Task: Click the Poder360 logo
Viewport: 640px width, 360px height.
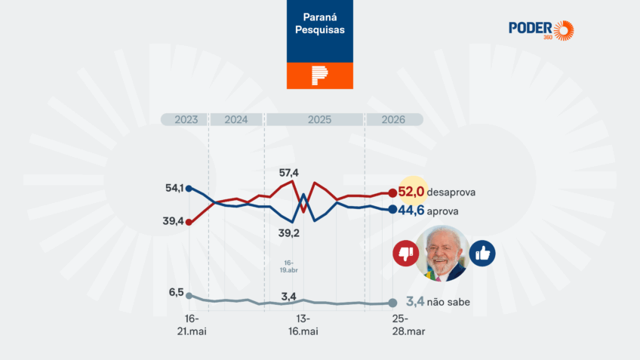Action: click(x=540, y=30)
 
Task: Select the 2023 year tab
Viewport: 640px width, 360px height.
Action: click(x=186, y=120)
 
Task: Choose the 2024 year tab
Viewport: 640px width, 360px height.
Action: click(x=235, y=120)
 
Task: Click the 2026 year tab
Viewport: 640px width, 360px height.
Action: click(x=392, y=120)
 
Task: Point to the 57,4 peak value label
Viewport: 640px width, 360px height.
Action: click(x=288, y=173)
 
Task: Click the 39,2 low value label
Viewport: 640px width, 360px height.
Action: click(x=288, y=233)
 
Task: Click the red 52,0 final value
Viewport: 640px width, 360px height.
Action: click(x=411, y=192)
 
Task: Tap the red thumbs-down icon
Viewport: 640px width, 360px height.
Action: click(x=406, y=254)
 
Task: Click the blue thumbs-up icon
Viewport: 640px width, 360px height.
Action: click(x=482, y=254)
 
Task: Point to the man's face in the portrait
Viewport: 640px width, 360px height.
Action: click(x=442, y=253)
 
